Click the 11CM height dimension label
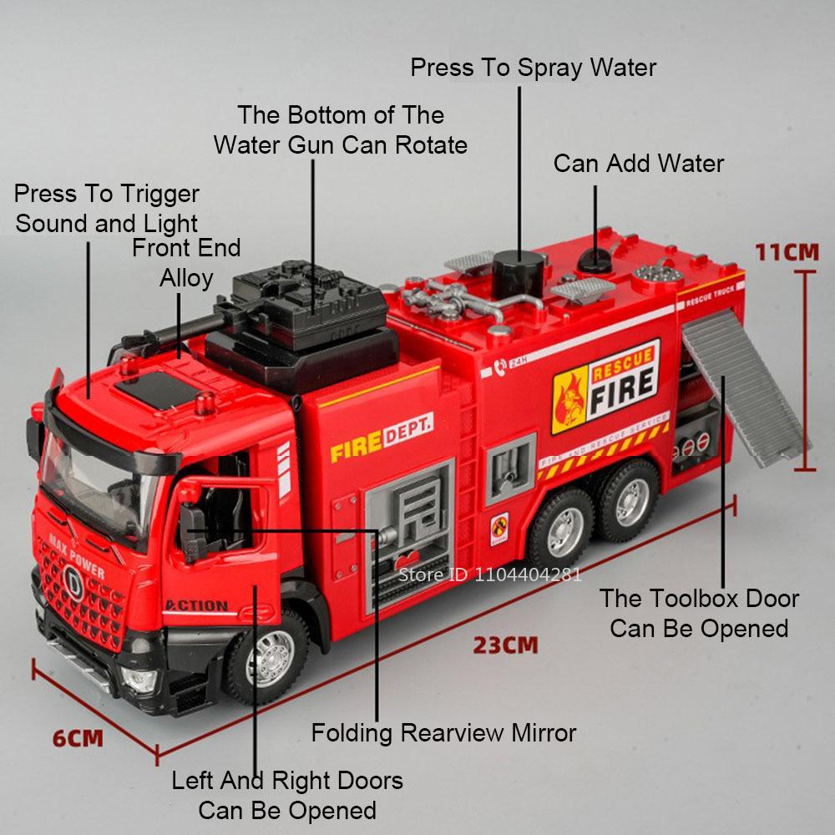[787, 251]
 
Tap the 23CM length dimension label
[505, 645]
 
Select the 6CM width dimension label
[78, 738]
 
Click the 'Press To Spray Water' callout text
[533, 68]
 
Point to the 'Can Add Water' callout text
[638, 163]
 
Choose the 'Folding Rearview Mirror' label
[443, 733]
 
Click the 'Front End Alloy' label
[186, 263]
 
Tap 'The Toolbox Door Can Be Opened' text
[699, 613]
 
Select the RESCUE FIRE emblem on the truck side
[605, 385]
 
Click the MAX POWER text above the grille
[77, 554]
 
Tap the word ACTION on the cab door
[195, 605]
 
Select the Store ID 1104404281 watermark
[489, 574]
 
